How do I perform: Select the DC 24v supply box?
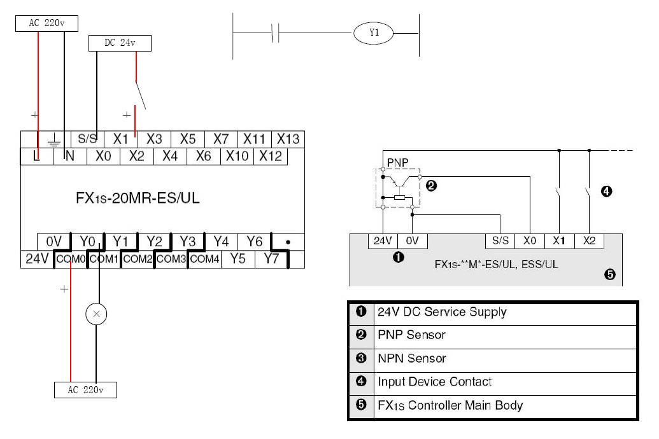pyautogui.click(x=120, y=43)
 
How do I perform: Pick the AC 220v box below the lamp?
pyautogui.click(x=85, y=389)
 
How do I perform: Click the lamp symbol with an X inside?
pyautogui.click(x=96, y=314)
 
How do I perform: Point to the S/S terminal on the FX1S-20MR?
pyautogui.click(x=87, y=139)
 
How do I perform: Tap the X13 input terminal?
pyautogui.click(x=288, y=139)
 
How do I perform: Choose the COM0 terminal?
pyautogui.click(x=70, y=260)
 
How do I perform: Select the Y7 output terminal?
pyautogui.click(x=272, y=260)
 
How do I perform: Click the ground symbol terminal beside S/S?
pyautogui.click(x=54, y=139)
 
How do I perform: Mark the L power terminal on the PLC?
pyautogui.click(x=37, y=155)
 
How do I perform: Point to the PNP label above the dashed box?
pyautogui.click(x=397, y=162)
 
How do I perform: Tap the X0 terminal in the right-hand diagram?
pyautogui.click(x=530, y=241)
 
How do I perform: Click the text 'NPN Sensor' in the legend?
pyautogui.click(x=411, y=358)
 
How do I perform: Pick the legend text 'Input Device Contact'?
pyautogui.click(x=434, y=382)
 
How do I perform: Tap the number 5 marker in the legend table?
pyautogui.click(x=361, y=405)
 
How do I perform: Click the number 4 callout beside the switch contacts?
pyautogui.click(x=607, y=190)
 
